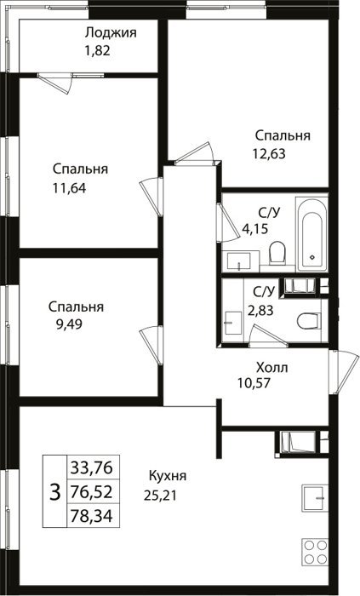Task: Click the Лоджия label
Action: [111, 33]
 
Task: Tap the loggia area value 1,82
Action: [98, 50]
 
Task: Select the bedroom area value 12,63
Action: [269, 153]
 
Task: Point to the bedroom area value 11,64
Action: [70, 188]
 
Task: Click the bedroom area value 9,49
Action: [70, 324]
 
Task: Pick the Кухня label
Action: [168, 475]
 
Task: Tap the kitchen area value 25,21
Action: [160, 496]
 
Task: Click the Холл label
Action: [271, 368]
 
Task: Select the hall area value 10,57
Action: [254, 383]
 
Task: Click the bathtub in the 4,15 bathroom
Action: [311, 233]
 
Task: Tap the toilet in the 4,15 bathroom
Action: [277, 252]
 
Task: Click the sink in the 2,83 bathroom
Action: [233, 323]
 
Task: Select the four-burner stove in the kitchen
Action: [315, 551]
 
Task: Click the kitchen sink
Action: [315, 498]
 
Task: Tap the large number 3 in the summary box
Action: [55, 492]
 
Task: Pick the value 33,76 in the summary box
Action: [92, 467]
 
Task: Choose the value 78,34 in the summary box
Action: [92, 516]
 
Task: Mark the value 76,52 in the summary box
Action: [92, 492]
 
